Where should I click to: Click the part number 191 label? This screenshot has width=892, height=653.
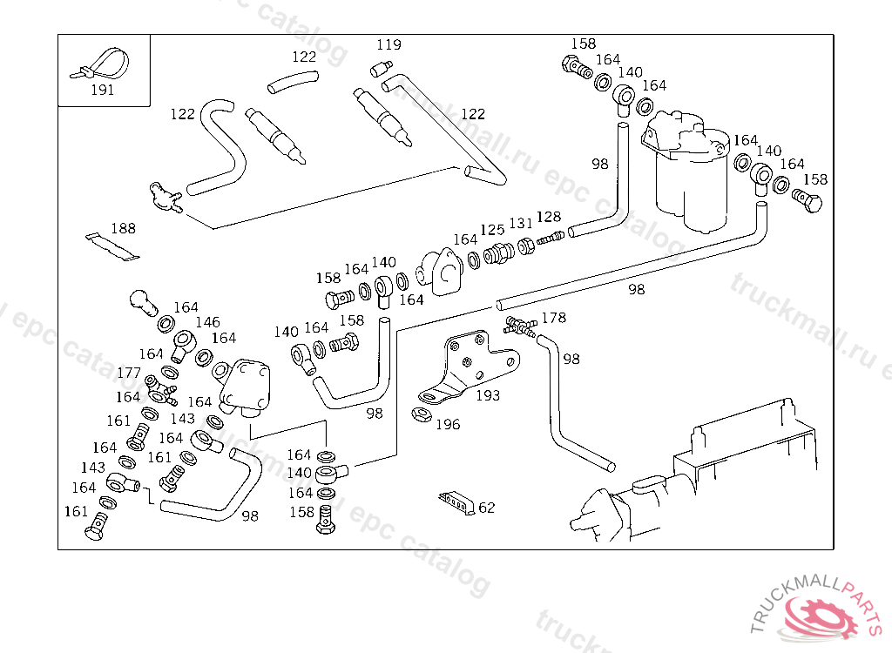102,89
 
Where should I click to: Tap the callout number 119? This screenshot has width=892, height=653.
389,44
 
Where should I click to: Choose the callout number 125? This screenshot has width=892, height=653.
492,230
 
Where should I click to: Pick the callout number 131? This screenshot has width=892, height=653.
521,224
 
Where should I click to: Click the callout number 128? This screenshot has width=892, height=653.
549,217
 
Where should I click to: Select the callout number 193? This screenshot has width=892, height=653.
487,395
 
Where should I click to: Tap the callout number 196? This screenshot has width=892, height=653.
448,424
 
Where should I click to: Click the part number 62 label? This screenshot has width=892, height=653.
486,507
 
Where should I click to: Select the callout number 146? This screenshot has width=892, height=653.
207,322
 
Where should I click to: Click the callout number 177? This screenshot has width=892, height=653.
129,373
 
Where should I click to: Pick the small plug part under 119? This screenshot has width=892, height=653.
381,68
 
